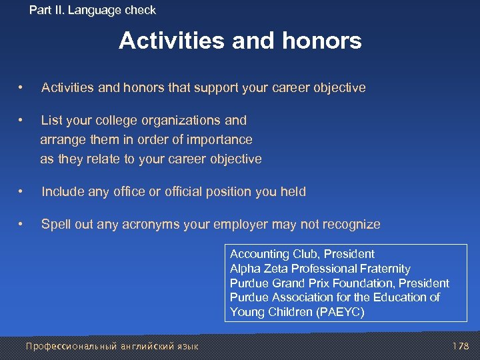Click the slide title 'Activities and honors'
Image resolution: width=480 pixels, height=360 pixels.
pos(240,41)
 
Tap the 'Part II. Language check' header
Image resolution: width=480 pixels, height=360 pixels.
pos(93,10)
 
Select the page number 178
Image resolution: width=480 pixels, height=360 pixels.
pos(460,346)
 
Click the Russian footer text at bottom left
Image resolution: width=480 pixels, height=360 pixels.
pos(111,346)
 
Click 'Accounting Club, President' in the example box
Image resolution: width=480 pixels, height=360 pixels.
pos(302,254)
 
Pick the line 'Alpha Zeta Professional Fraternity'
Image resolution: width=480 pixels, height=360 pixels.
pos(320,269)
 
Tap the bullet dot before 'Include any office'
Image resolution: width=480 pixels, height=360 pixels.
pos(22,192)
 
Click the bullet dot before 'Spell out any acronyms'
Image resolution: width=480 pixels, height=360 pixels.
pos(22,225)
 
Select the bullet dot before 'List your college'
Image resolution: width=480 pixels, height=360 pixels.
pos(22,121)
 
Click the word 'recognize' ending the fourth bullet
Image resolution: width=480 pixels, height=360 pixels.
pos(353,225)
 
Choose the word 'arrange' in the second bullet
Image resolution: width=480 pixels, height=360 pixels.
pos(62,140)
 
